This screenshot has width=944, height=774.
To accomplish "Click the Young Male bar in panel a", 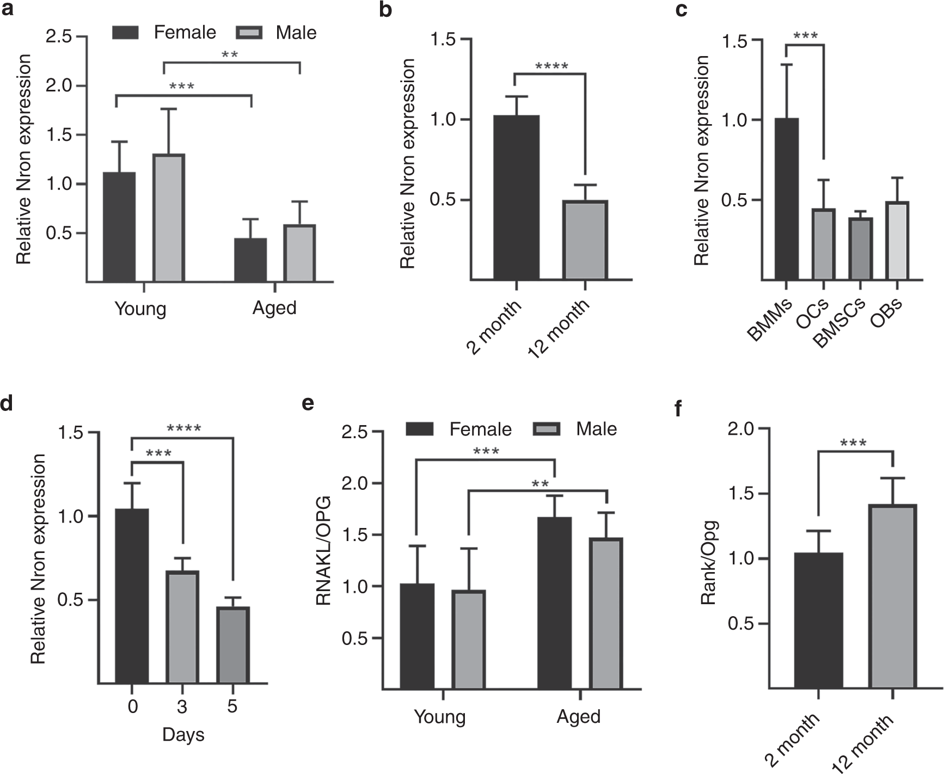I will click(169, 218).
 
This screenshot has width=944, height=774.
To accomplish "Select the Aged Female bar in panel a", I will click(250, 260).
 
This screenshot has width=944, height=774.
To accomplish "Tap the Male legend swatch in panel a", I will click(249, 33).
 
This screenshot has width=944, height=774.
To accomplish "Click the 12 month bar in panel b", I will click(585, 240).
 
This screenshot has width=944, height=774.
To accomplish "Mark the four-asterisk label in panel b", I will click(551, 67).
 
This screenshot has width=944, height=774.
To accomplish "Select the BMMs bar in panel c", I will click(786, 199).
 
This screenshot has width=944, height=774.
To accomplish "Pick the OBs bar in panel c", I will click(897, 241).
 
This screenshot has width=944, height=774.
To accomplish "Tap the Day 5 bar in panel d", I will click(232, 645).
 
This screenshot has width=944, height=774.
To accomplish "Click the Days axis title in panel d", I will click(183, 734).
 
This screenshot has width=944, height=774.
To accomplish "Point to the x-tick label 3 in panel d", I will click(181, 707).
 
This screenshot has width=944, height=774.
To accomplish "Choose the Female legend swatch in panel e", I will click(420, 429).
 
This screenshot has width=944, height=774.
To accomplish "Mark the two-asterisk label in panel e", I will click(540, 484).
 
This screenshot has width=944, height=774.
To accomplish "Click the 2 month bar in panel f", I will click(818, 621).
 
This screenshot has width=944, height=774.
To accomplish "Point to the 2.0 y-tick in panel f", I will click(741, 429).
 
